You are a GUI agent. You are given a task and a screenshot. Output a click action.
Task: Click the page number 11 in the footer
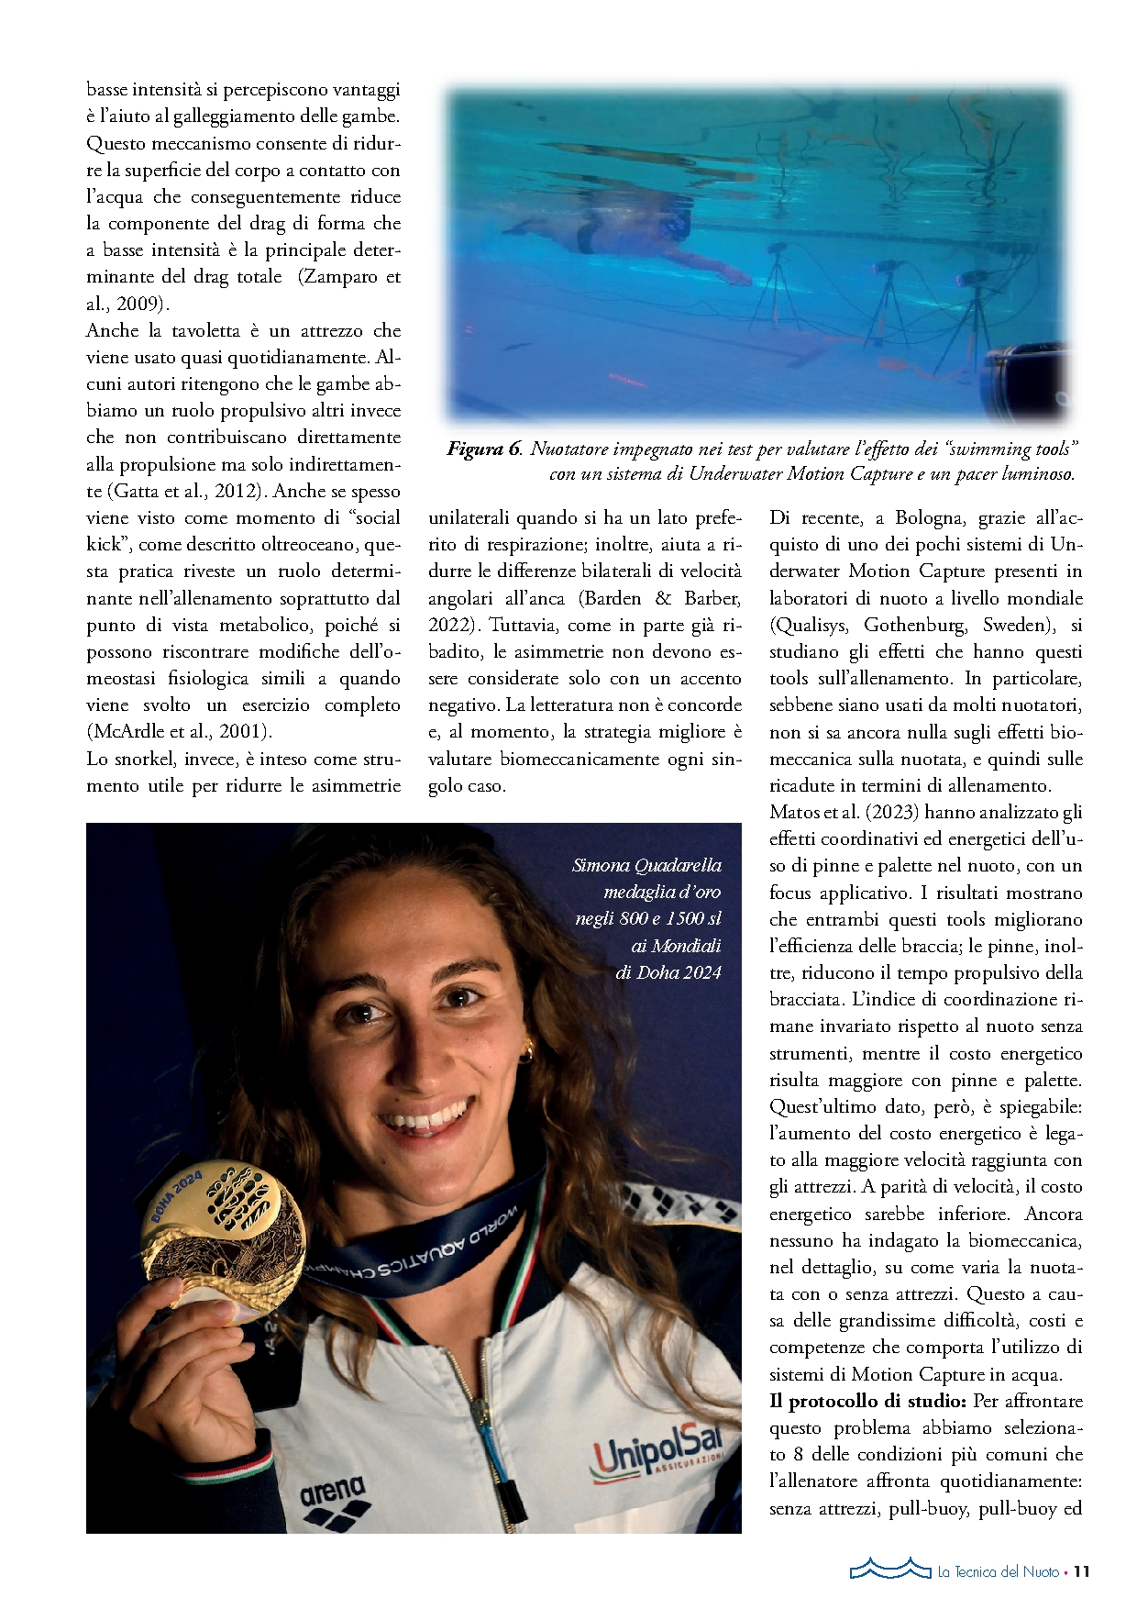point(1082,1571)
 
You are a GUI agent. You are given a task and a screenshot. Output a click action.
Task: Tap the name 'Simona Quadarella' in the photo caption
point(646,865)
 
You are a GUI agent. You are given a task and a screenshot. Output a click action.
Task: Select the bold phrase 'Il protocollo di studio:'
point(867,1401)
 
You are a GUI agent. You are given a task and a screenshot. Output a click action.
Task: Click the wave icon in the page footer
point(889,1569)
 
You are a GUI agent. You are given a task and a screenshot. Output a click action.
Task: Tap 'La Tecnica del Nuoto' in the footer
point(998,1571)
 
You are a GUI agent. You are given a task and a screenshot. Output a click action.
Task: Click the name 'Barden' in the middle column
point(612,598)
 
